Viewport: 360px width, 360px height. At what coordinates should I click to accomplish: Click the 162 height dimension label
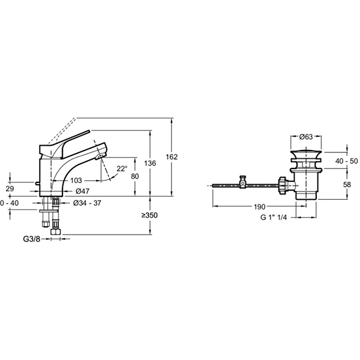tap(172, 157)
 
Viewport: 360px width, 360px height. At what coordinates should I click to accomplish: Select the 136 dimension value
tap(150, 163)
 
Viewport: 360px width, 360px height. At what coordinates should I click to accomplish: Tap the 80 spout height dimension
tap(135, 176)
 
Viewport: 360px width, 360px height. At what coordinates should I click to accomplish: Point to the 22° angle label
tap(122, 169)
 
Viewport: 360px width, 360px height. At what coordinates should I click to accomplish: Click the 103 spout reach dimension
tap(76, 181)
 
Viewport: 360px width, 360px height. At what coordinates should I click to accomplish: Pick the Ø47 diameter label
tap(82, 191)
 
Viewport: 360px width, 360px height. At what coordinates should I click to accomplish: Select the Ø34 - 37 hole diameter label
tap(87, 203)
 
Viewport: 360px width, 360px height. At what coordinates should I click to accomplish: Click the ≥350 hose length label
tap(149, 215)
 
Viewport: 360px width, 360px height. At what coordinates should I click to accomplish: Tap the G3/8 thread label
tap(32, 239)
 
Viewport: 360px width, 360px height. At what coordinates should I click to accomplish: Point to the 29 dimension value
tap(10, 189)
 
